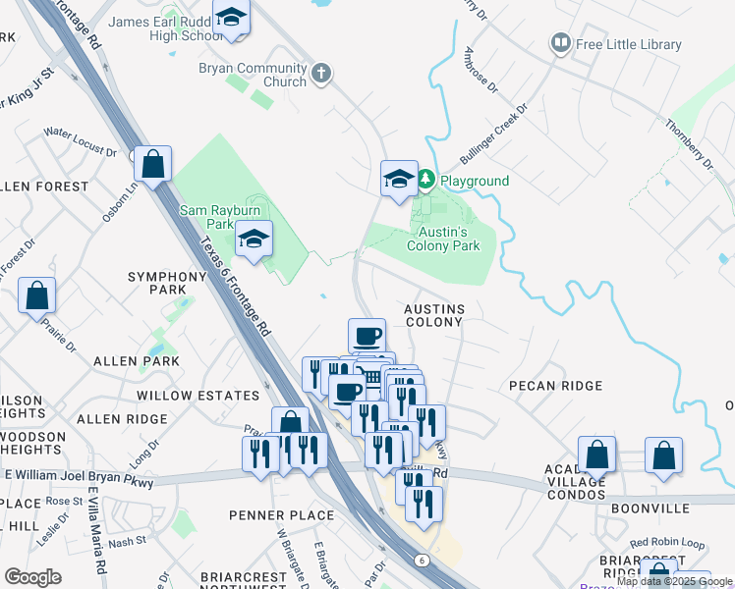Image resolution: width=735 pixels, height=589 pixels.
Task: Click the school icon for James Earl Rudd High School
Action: point(232,19)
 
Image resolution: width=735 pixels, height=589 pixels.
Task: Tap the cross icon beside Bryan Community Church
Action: point(320,73)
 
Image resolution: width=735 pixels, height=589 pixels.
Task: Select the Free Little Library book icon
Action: point(560,44)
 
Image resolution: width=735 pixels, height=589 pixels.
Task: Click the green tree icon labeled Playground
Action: point(426,181)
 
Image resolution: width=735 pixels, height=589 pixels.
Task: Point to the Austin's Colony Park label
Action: point(444,239)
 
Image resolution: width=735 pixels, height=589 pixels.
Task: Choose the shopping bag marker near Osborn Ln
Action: point(153,164)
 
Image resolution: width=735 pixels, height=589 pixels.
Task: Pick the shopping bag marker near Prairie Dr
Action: point(36,295)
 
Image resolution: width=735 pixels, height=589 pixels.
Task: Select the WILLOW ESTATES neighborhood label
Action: point(198,395)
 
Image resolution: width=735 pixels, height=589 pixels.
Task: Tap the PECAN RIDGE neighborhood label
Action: point(555,386)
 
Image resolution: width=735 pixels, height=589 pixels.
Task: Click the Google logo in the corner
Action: point(32,577)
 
